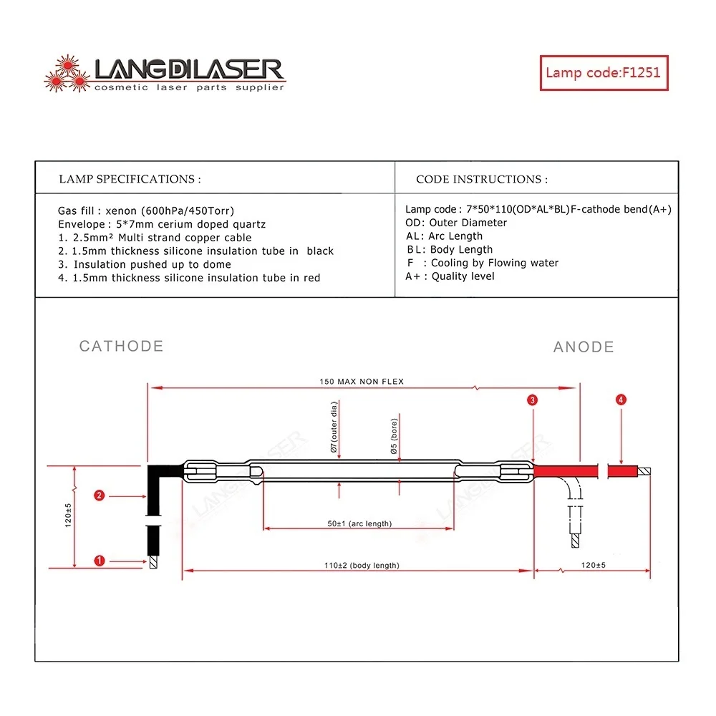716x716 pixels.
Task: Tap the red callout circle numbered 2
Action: tap(100, 495)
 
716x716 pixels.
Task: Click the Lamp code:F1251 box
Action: tap(603, 72)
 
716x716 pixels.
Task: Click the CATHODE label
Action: tap(121, 347)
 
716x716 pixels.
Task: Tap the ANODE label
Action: tap(584, 347)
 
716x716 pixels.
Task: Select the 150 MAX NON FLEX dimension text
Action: tap(362, 382)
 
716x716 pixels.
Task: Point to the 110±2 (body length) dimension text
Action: tap(362, 566)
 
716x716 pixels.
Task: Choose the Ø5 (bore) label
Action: tap(393, 436)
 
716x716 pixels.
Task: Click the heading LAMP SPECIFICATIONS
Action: tap(130, 179)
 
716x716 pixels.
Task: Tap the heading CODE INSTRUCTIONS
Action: tap(482, 179)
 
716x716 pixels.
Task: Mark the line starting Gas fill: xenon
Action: tap(146, 211)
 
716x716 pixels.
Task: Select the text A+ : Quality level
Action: tap(450, 276)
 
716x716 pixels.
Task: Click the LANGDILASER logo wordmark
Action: tap(189, 70)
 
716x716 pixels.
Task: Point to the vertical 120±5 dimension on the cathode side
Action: tap(69, 516)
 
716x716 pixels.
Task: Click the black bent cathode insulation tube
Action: tap(153, 501)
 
